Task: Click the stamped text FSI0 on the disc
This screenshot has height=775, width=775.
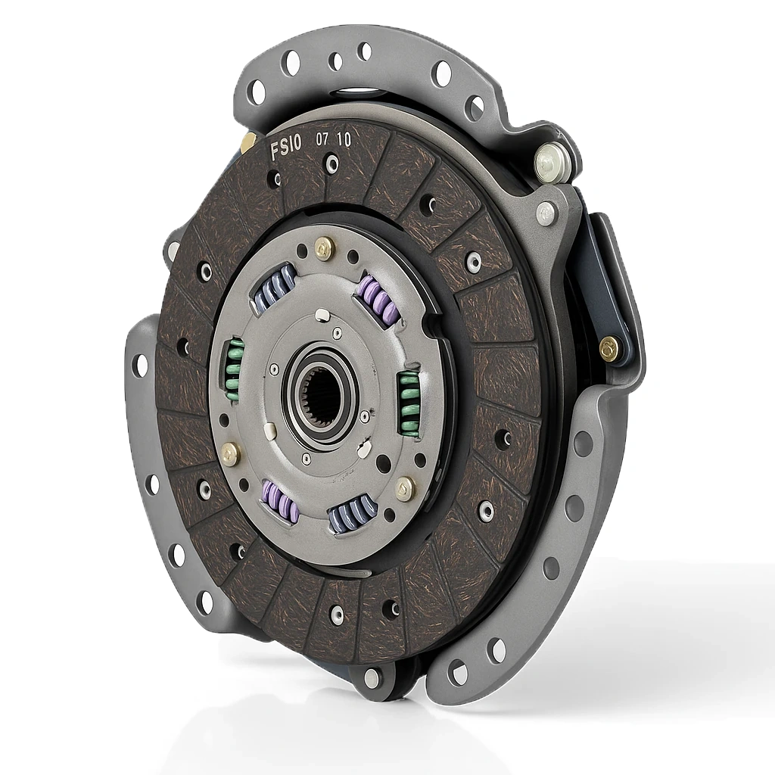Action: [285, 149]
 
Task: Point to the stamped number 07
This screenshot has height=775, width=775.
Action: [322, 140]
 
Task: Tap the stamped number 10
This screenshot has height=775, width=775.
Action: [344, 139]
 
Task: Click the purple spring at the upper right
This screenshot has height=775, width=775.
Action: [378, 300]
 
